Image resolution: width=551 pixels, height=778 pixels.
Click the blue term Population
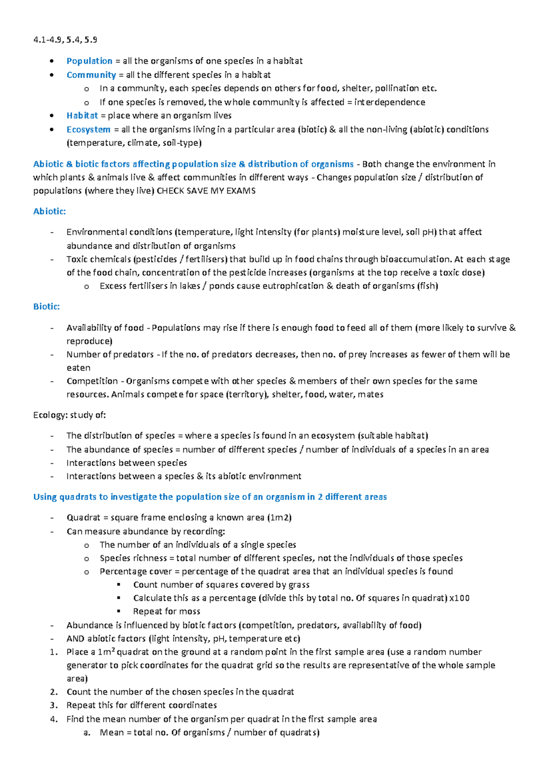pos(89,61)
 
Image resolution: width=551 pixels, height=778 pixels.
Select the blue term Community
pos(91,75)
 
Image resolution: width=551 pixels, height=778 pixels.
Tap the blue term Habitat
pos(82,116)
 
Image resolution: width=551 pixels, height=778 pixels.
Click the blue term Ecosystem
pos(88,129)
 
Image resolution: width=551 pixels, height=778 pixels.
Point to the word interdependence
pos(389,102)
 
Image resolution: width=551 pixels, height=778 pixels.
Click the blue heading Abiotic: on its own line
pos(50,211)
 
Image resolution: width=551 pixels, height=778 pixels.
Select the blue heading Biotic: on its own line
pos(46,306)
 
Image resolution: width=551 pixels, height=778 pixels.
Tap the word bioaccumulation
pos(415,259)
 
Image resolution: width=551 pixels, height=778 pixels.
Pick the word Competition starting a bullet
pos(92,381)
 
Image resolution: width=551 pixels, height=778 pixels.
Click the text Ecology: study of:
pos(69,415)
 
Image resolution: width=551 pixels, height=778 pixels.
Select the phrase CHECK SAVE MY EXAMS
pos(206,191)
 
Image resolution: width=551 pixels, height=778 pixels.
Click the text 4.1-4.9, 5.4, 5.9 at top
pos(65,40)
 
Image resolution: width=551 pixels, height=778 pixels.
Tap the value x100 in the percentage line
pos(459,598)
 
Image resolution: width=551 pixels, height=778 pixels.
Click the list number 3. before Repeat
pos(54,705)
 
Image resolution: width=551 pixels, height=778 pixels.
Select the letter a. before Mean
pos(87,733)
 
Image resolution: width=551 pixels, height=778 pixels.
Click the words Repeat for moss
pos(166,611)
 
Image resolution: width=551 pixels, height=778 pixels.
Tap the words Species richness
pos(133,558)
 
